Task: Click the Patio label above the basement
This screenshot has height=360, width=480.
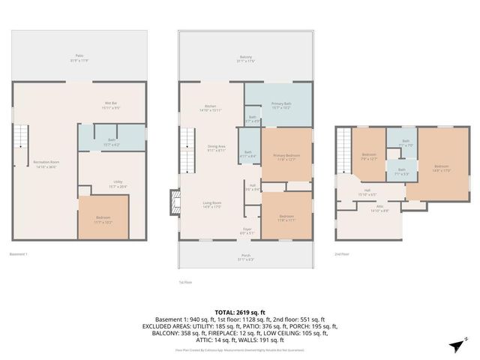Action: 79,56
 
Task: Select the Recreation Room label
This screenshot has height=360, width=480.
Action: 46,163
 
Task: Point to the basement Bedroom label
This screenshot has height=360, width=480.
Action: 103,220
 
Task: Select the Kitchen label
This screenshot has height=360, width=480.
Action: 211,108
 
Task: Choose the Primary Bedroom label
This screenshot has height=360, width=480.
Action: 286,156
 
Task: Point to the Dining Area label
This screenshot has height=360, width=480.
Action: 217,148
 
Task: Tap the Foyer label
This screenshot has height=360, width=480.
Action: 247,231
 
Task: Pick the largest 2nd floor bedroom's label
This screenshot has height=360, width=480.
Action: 441,167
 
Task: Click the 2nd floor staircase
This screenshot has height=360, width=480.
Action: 344,143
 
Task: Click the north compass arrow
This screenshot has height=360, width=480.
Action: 457,343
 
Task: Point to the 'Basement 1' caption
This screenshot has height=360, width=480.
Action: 18,254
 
